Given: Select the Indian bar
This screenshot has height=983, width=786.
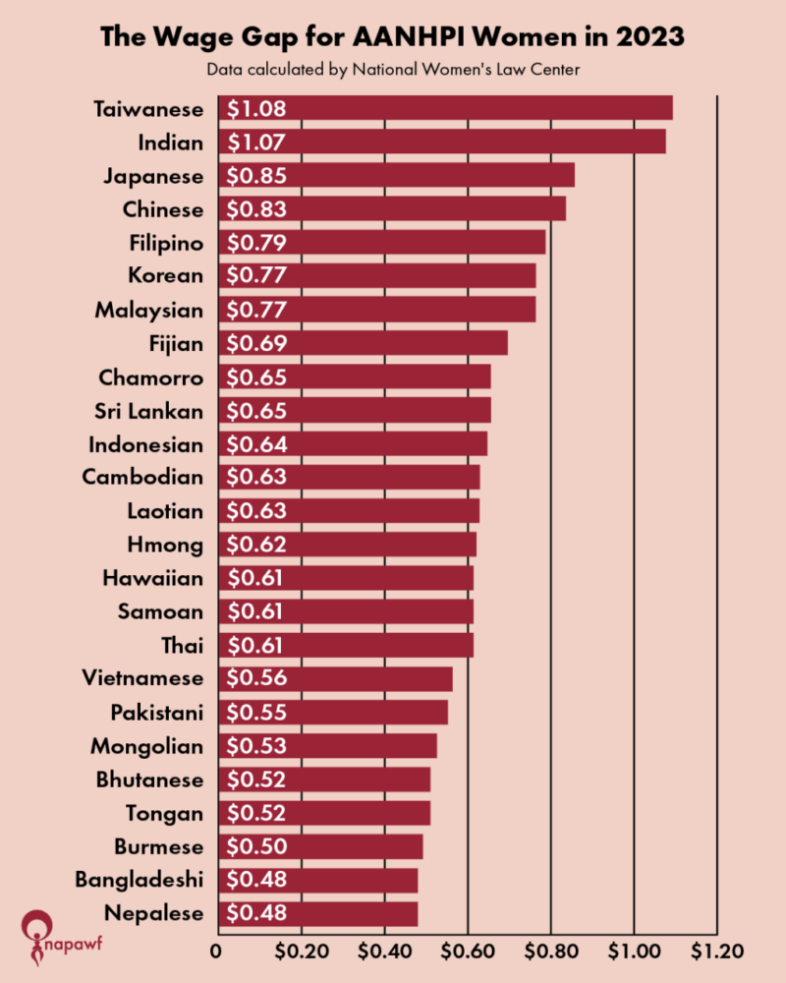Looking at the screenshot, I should pyautogui.click(x=442, y=142).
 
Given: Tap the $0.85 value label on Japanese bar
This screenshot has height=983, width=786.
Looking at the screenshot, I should pyautogui.click(x=256, y=176).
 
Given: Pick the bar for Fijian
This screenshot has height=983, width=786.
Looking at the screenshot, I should pyautogui.click(x=364, y=343).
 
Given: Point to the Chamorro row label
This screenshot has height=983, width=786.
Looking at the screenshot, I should pyautogui.click(x=151, y=377).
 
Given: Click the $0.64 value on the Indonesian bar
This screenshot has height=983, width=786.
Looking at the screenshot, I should pyautogui.click(x=256, y=444).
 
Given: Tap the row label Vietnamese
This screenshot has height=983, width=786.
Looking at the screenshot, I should pyautogui.click(x=143, y=678).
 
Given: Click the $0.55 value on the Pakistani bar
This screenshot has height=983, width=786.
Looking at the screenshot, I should pyautogui.click(x=256, y=712).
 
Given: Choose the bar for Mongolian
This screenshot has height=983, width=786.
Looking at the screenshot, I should pyautogui.click(x=328, y=746).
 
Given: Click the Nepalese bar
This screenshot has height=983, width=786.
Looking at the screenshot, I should pyautogui.click(x=318, y=913).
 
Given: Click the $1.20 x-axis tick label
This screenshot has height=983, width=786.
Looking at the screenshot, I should pyautogui.click(x=718, y=952).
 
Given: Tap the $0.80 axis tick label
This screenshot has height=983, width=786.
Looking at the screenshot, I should pyautogui.click(x=551, y=952).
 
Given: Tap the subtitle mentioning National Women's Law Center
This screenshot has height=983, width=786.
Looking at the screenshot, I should pyautogui.click(x=393, y=70).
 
